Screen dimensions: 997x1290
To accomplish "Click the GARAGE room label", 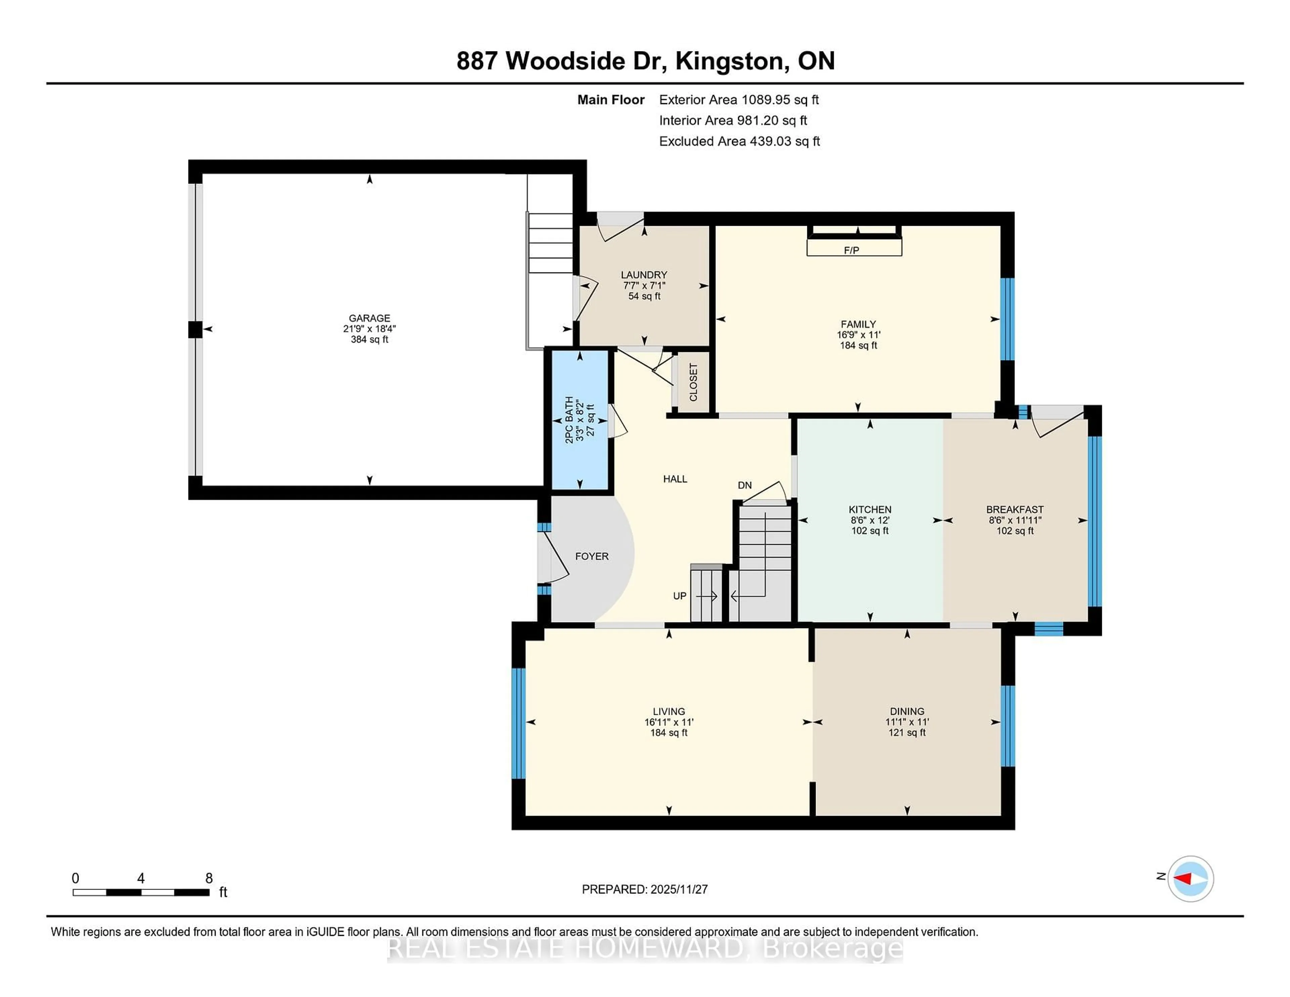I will coord(369,318).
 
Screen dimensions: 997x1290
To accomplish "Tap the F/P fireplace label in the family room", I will coord(851,251).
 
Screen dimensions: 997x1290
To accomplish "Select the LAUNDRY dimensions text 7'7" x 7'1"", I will coord(644,285).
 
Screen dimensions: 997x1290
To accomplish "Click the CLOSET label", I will coord(693,382).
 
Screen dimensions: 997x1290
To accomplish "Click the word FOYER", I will coord(592,556).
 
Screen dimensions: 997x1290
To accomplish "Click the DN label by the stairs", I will coord(745,485).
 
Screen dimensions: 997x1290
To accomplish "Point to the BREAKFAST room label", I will coord(1015,509).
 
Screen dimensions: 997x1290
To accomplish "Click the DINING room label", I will coord(907,711).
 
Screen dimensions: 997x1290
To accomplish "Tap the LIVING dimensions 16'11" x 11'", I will coord(669,722).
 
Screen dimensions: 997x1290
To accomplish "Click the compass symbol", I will coord(1190,878).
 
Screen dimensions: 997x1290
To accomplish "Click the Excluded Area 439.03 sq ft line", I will coord(739,141).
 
